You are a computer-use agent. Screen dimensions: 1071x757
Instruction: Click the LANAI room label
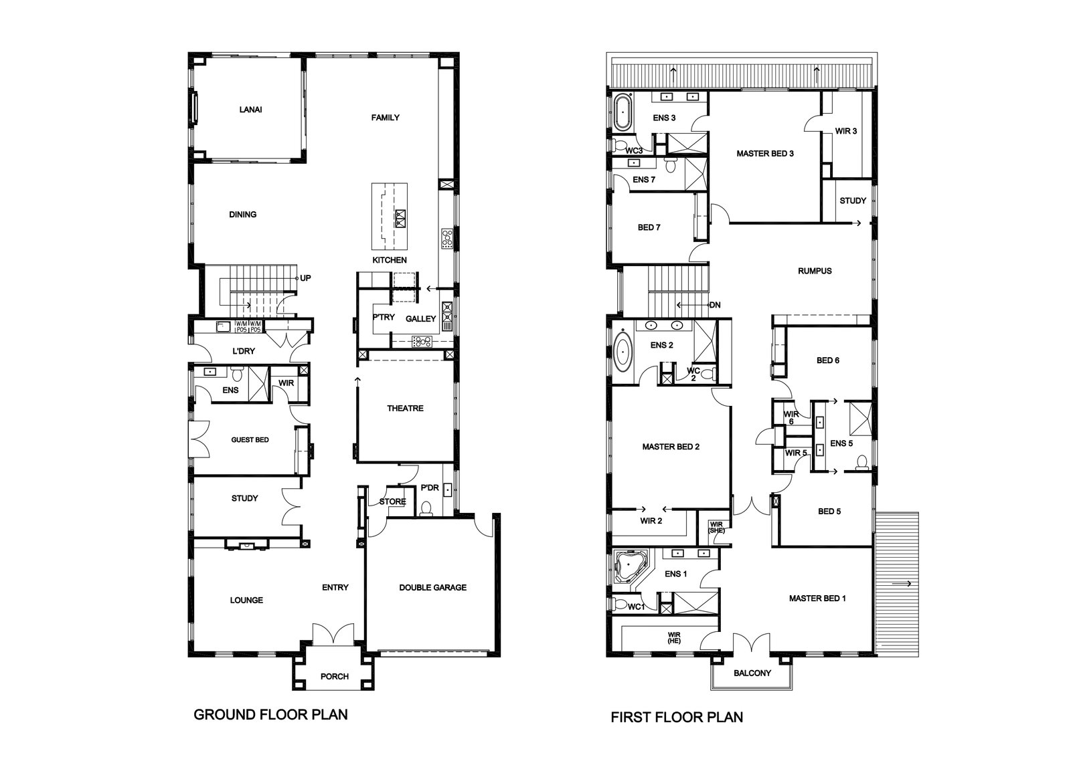coord(250,110)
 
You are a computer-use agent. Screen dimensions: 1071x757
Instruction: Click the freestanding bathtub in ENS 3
coord(622,112)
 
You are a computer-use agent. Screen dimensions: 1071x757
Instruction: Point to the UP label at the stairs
coord(305,278)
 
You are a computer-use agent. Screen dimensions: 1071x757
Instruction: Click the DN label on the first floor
coord(715,305)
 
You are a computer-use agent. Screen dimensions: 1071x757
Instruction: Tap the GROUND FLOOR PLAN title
coord(270,714)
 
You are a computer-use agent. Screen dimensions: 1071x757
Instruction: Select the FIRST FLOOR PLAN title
coord(677,717)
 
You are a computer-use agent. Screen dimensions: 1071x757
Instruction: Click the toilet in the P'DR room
coord(426,509)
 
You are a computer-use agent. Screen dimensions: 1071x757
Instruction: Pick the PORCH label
coord(335,676)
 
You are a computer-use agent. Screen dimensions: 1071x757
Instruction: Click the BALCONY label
coord(752,673)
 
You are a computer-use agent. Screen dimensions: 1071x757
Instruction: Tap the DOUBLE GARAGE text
coord(432,587)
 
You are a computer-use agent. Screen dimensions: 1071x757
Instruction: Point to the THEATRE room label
coord(405,409)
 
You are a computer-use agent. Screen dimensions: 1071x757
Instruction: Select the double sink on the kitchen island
coord(400,219)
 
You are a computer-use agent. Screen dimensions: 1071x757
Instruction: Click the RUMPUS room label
coord(815,271)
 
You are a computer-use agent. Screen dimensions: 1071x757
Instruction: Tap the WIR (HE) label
coord(674,637)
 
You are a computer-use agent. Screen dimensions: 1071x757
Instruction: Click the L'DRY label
coord(244,351)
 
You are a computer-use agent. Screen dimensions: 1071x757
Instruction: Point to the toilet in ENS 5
coord(861,462)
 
